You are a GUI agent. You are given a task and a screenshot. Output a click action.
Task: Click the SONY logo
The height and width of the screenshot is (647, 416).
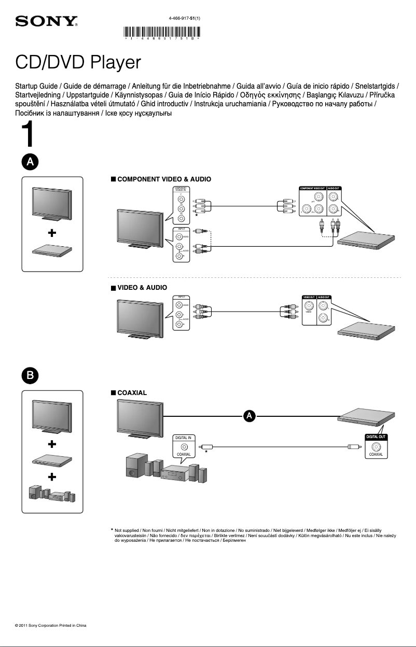[x=47, y=22]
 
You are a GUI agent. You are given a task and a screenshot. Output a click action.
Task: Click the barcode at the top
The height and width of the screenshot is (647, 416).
[x=162, y=32]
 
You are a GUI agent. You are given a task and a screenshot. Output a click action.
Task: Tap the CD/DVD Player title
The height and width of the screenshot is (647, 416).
[x=78, y=63]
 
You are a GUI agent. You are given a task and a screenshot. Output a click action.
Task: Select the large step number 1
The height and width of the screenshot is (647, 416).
[x=28, y=136]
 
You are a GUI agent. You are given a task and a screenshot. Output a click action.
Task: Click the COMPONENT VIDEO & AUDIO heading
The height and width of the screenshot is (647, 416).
[x=164, y=179]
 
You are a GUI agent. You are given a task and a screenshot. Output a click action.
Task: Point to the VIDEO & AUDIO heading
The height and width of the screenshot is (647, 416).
[x=142, y=287]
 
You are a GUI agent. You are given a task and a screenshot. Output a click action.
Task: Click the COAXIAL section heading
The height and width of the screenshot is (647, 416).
[x=132, y=392]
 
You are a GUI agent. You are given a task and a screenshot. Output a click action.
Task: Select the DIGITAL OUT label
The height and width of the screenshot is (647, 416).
[x=376, y=437]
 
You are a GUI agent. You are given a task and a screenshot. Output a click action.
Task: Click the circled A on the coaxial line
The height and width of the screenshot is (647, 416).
[x=249, y=416]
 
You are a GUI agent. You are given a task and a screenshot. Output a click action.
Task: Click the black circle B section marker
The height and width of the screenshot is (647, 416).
[x=30, y=375]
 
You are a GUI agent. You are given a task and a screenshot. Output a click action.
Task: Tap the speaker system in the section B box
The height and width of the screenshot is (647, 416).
[x=52, y=494]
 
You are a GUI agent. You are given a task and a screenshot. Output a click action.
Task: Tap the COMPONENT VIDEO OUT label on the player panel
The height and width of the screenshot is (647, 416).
[x=312, y=188]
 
